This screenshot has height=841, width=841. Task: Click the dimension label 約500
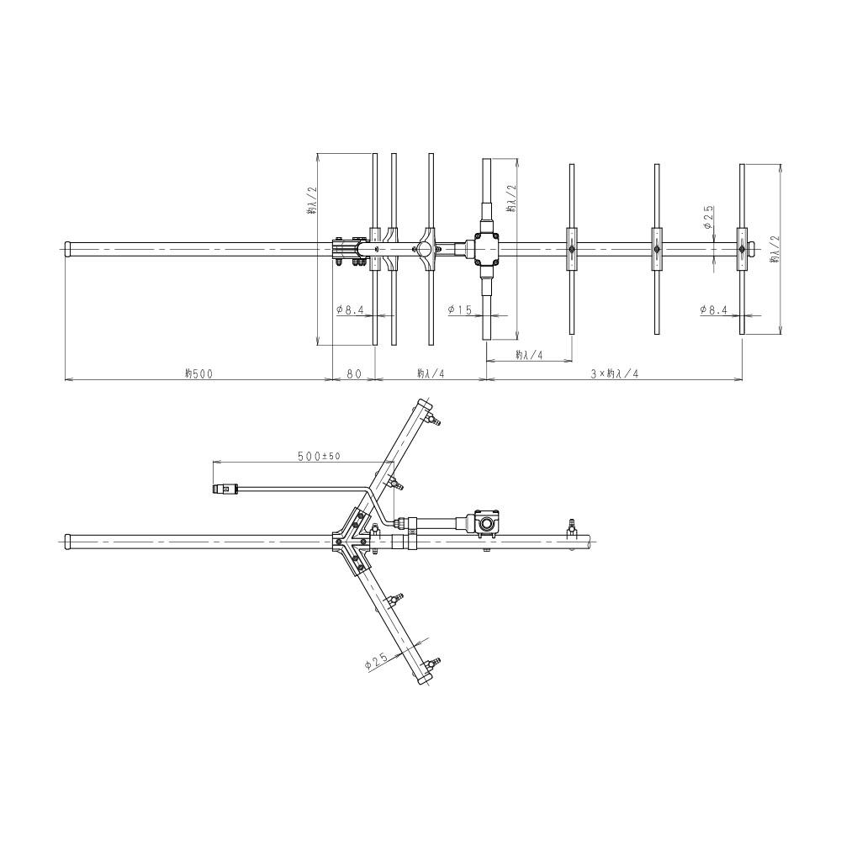[x=198, y=374]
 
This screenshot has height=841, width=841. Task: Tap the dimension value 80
[x=354, y=374]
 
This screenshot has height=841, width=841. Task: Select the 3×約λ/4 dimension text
[x=615, y=374]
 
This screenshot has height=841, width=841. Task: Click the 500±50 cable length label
[x=319, y=456]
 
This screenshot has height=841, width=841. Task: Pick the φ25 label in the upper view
[x=708, y=217]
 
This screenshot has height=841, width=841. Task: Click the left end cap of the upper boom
[x=68, y=249]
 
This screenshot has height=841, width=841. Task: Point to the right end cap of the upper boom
[x=752, y=249]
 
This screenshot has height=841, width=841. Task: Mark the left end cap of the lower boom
[x=68, y=541]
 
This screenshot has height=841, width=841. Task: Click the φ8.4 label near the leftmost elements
[x=350, y=309]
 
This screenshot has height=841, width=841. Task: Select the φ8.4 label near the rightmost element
[x=713, y=309]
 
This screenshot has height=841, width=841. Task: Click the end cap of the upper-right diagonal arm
[x=424, y=405]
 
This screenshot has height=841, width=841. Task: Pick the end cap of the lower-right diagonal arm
[x=424, y=679]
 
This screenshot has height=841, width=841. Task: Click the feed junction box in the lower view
[x=487, y=523]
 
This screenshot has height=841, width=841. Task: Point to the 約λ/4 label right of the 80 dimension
[x=431, y=374]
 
